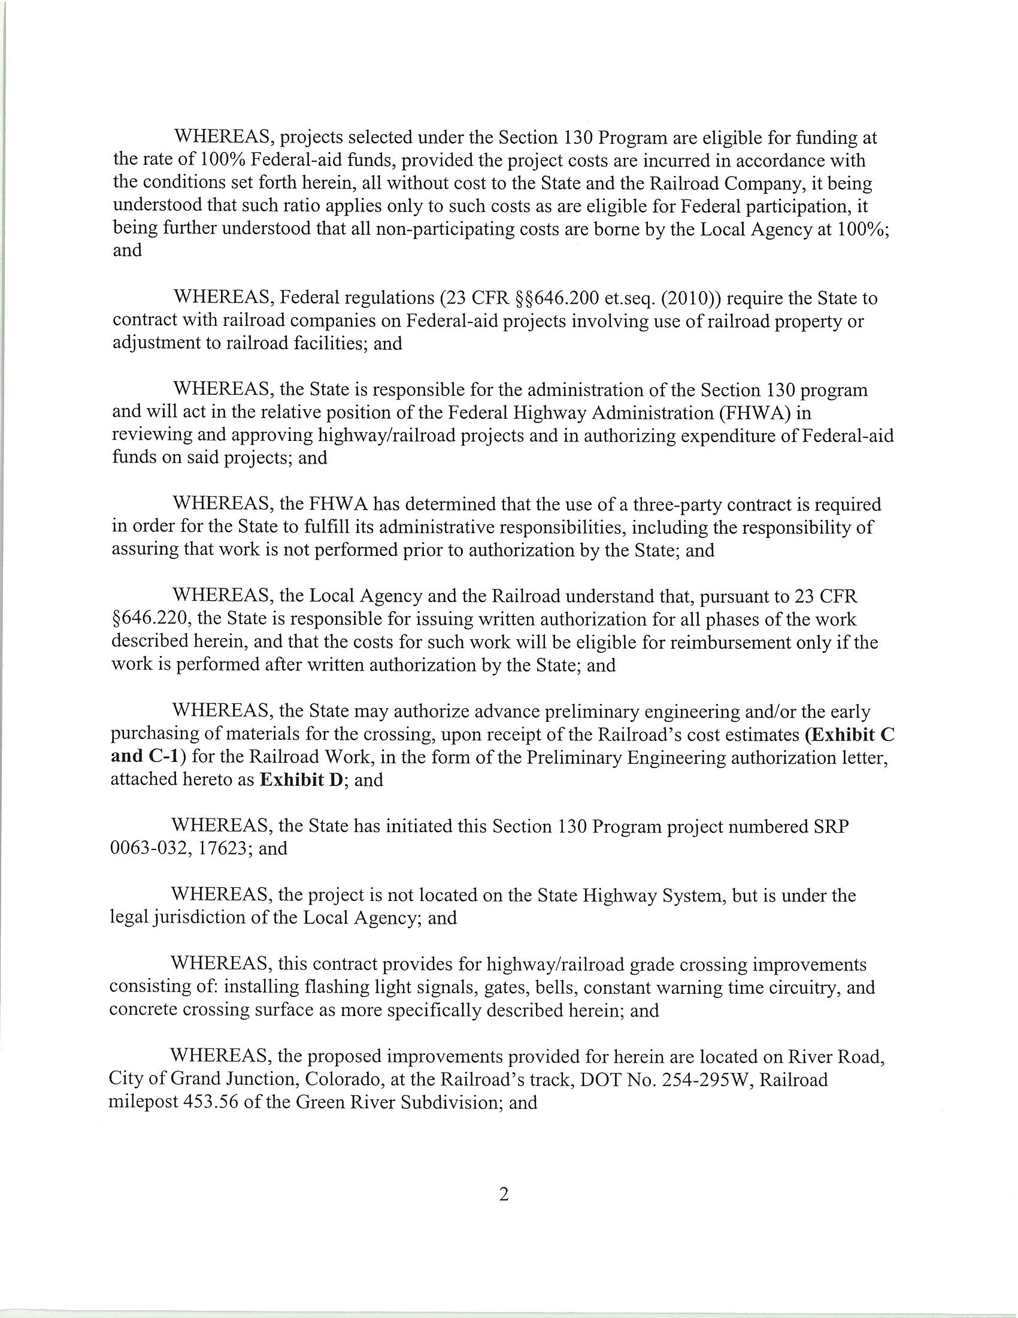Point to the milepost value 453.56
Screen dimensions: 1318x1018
(x=215, y=1102)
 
